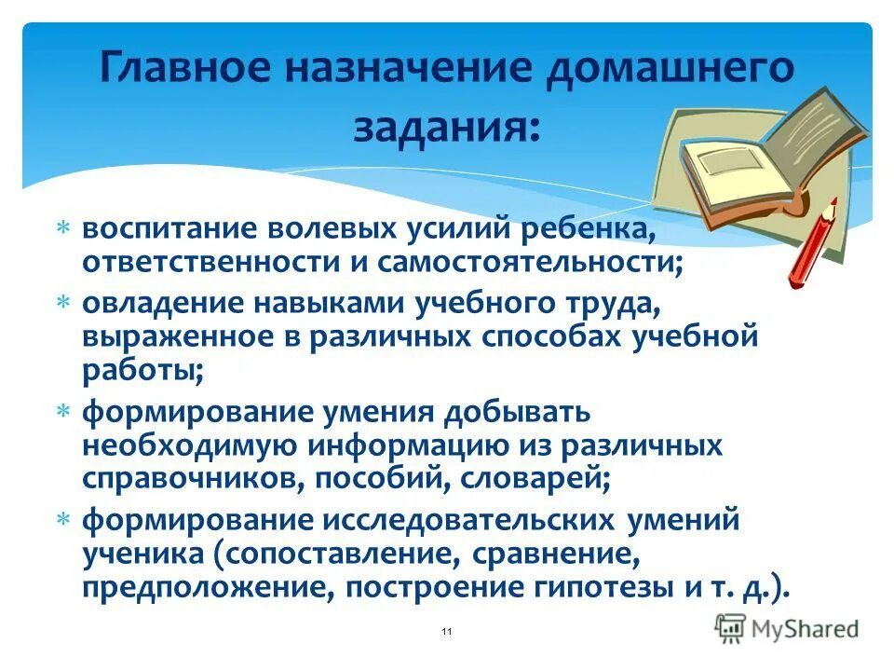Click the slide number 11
tap(447, 633)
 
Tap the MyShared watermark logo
tap(787, 628)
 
